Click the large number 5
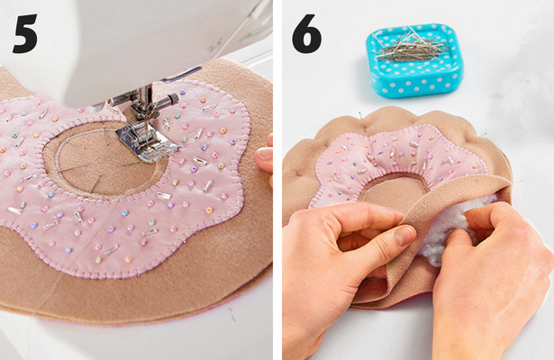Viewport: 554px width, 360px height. (x=25, y=34)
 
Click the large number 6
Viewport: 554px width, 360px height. (x=306, y=34)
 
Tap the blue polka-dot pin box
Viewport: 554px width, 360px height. (x=414, y=60)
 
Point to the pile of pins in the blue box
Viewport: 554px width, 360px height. (x=412, y=48)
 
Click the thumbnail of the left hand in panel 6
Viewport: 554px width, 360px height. (x=404, y=236)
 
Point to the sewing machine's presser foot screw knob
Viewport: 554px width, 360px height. (x=172, y=98)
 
